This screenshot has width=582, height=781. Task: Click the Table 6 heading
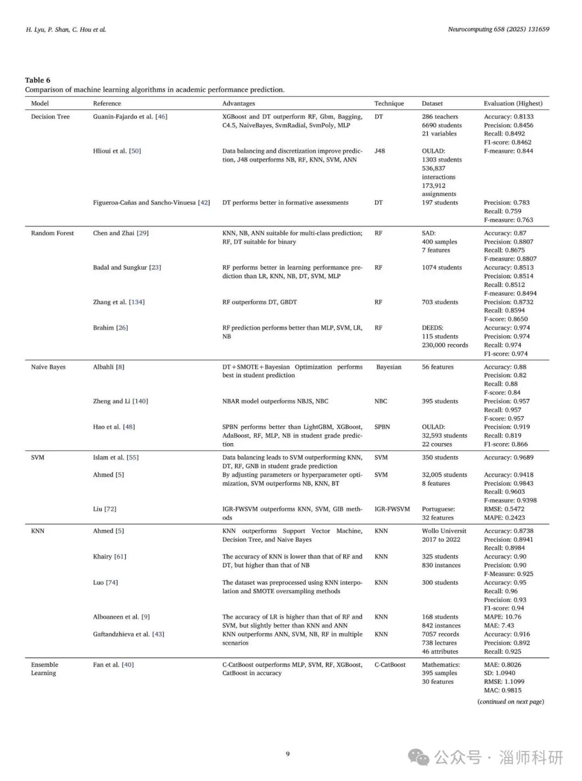click(37, 80)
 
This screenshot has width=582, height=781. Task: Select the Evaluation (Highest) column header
click(512, 103)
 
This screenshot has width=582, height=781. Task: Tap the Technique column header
click(389, 103)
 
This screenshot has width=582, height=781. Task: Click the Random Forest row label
click(52, 233)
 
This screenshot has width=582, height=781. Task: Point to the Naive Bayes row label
click(48, 367)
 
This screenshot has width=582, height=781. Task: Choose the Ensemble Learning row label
click(44, 668)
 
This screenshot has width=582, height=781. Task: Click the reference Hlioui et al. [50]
click(117, 151)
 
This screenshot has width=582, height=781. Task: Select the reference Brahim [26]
click(110, 327)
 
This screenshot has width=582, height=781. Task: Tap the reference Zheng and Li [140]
click(120, 401)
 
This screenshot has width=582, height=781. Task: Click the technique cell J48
click(379, 151)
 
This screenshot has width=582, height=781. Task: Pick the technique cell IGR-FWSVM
click(392, 509)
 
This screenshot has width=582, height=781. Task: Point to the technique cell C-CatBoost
click(390, 665)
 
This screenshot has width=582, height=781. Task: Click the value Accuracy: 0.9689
click(509, 457)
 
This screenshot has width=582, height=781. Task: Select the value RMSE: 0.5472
click(504, 509)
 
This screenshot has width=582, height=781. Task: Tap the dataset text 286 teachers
click(440, 116)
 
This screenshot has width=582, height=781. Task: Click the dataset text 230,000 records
click(445, 345)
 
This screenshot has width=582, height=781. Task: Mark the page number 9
click(288, 754)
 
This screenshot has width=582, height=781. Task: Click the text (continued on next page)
click(510, 702)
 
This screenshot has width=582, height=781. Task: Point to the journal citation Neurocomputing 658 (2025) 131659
click(498, 29)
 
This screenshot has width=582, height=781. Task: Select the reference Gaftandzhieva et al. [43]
click(128, 634)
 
